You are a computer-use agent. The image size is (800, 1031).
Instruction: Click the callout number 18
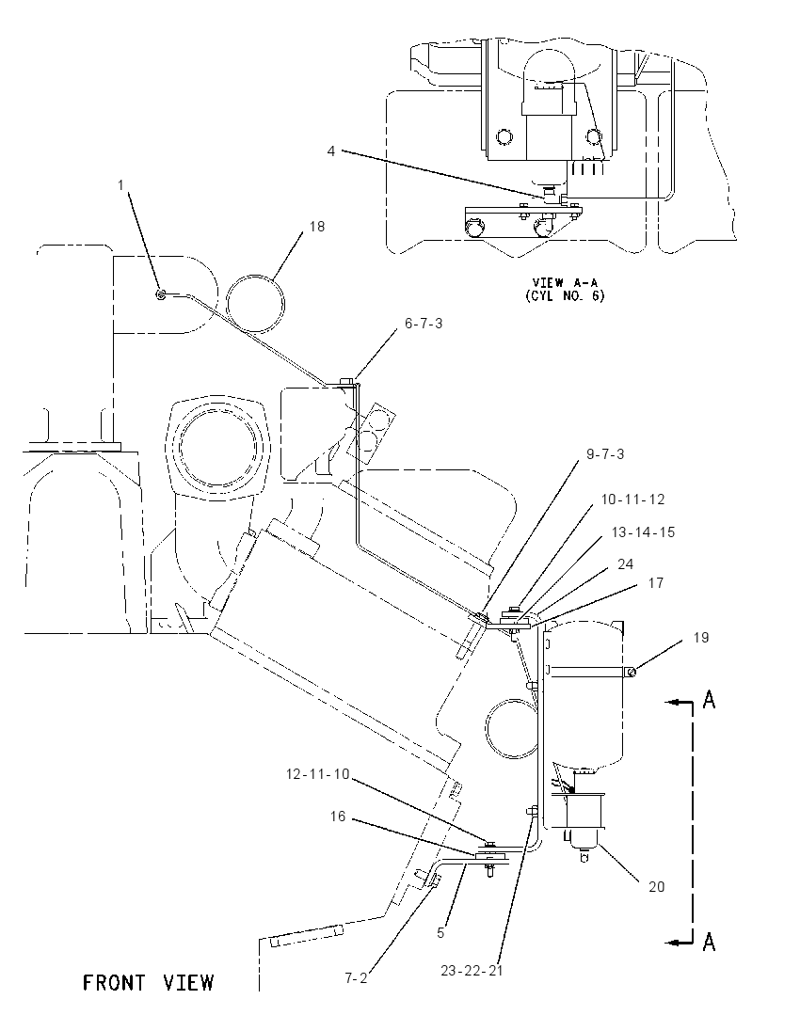[317, 226]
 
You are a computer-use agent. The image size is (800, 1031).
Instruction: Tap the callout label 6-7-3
[424, 324]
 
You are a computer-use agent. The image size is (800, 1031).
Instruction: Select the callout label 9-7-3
[605, 454]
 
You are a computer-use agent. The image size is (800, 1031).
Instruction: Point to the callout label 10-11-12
[632, 500]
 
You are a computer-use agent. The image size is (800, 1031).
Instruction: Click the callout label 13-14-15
[644, 532]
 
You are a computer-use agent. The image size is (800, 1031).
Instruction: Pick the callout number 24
[626, 564]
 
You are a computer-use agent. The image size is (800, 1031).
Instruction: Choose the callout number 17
[656, 583]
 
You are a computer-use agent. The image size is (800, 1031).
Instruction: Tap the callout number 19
[701, 638]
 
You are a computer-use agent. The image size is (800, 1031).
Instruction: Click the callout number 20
[657, 887]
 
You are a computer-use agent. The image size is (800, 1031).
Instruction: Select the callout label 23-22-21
[472, 971]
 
